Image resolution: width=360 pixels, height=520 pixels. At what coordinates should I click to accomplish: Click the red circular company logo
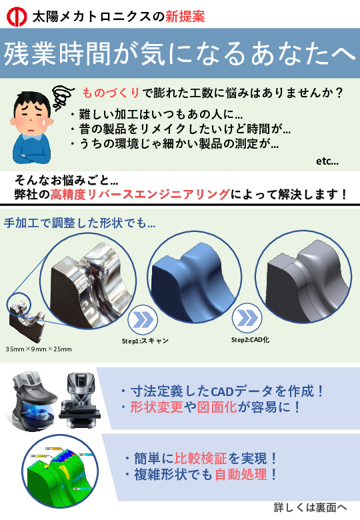[x=17, y=17]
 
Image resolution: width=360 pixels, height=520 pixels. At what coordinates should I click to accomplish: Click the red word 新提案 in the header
[x=185, y=16]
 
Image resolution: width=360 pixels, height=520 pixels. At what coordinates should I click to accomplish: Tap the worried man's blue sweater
[x=31, y=149]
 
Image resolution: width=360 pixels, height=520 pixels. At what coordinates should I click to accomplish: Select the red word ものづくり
[x=111, y=93]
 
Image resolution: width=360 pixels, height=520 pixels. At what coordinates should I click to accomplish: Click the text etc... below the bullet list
[x=327, y=161]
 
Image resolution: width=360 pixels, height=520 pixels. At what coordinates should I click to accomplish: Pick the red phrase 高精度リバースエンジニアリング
[x=140, y=194]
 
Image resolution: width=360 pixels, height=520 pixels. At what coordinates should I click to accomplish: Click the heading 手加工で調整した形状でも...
[x=79, y=223]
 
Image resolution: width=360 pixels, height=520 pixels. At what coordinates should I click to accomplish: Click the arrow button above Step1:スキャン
[x=143, y=320]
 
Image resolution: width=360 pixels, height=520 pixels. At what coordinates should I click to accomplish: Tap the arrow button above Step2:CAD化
[x=247, y=318]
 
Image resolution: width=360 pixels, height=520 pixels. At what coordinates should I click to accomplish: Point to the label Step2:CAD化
[x=250, y=340]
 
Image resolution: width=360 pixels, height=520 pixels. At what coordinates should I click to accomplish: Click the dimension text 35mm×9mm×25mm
[x=39, y=349]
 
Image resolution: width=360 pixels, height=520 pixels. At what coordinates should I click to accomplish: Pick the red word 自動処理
[x=241, y=475]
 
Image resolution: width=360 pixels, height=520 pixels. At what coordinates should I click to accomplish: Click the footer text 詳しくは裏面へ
[x=310, y=507]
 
